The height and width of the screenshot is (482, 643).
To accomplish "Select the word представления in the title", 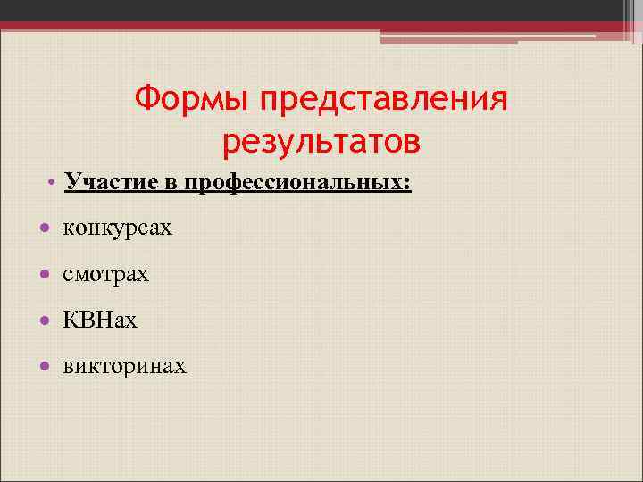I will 383,100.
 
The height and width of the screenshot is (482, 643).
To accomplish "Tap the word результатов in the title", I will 321,140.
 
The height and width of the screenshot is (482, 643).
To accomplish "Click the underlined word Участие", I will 113,182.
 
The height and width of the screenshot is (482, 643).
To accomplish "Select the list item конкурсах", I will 117,229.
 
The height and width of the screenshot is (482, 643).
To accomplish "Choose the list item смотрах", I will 105,274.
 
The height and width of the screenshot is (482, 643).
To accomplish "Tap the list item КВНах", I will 100,320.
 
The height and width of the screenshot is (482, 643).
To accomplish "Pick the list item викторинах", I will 124,365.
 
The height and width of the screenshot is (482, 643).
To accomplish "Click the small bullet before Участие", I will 54,183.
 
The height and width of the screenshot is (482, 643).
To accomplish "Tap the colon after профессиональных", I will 407,184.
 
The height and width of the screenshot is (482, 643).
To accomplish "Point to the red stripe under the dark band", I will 179,26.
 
